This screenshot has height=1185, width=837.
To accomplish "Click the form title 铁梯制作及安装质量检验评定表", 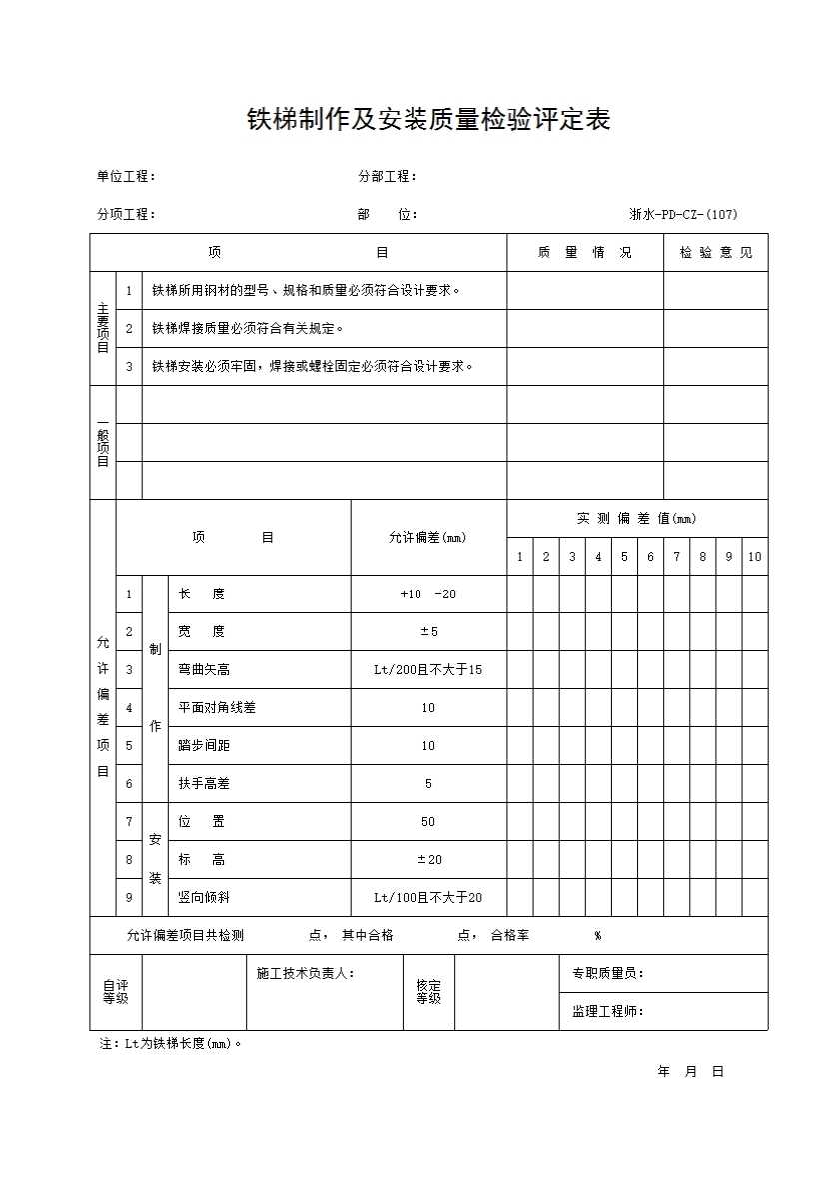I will click(428, 121).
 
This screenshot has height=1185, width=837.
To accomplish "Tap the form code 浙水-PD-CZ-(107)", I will click(683, 214).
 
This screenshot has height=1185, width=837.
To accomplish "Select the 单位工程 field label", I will click(125, 177).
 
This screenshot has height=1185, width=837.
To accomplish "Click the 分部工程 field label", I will click(387, 177).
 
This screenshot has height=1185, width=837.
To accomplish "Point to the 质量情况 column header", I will click(584, 253).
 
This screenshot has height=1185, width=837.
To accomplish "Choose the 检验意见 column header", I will click(716, 253).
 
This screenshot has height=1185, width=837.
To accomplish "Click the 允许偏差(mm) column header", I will click(427, 538).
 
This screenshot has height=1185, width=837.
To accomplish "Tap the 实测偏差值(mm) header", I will click(636, 518).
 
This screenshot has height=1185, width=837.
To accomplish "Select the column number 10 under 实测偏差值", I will click(754, 557).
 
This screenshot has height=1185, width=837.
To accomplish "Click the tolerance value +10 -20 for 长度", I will click(427, 594).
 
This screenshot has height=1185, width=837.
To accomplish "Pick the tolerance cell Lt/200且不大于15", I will click(427, 670).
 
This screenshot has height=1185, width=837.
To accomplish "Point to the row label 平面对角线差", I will click(217, 708).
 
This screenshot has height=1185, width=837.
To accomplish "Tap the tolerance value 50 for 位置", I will click(427, 822).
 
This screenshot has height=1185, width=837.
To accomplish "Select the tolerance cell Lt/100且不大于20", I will click(427, 898).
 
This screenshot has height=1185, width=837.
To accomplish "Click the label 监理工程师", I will click(607, 1012).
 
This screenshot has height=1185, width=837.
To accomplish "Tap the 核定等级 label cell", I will click(428, 992).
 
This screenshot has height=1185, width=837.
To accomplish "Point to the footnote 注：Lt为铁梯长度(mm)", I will click(171, 1044).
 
